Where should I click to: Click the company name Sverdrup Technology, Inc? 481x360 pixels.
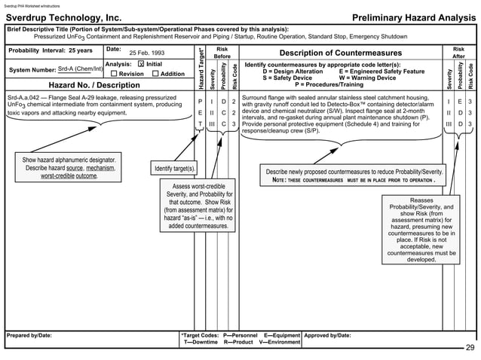(x=63, y=17)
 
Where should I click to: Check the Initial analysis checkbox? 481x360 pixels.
(x=140, y=65)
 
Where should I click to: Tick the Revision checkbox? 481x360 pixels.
(x=113, y=74)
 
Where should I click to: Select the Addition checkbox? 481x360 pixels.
(x=155, y=74)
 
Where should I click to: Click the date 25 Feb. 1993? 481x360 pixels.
(x=148, y=53)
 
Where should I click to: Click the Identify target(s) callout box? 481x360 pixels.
(x=174, y=168)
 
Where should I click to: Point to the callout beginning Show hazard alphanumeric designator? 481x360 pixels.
(x=69, y=168)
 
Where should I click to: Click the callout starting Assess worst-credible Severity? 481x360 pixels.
(x=197, y=206)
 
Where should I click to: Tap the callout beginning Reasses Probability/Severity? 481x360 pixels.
(x=421, y=230)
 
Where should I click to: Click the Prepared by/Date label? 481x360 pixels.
(x=29, y=335)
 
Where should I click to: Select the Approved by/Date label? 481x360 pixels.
(x=328, y=335)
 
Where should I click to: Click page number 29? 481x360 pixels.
(x=470, y=347)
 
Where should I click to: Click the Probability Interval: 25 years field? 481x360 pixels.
(x=51, y=50)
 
